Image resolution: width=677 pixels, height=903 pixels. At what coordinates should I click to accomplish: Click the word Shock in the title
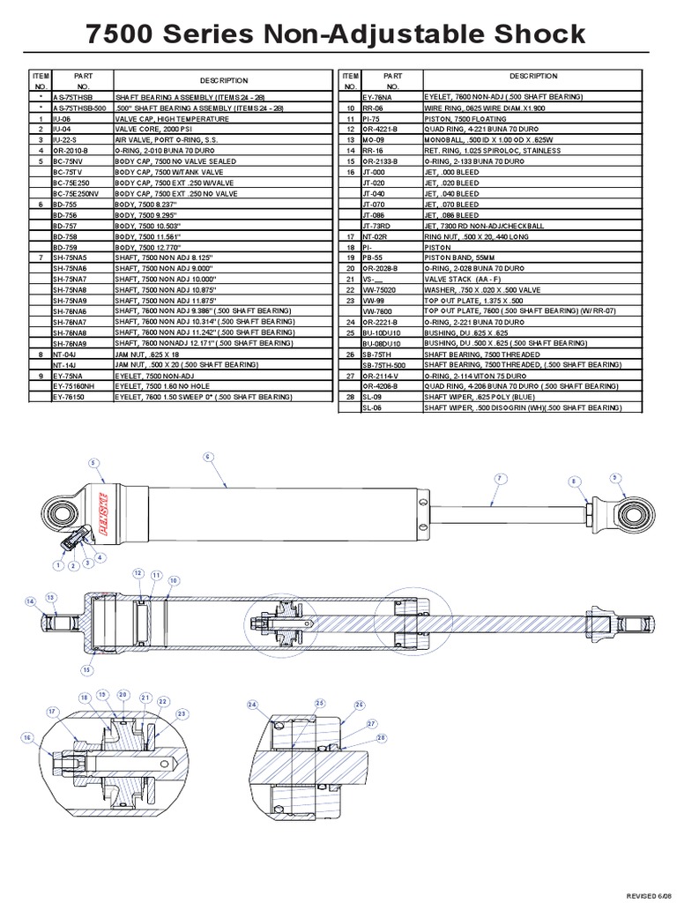(x=528, y=34)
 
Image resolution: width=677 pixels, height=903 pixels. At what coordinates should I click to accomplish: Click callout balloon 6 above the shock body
(x=209, y=457)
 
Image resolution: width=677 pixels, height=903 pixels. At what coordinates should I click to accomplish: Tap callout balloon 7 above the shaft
(x=498, y=478)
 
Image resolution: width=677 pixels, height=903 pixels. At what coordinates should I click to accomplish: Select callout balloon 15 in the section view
(x=86, y=669)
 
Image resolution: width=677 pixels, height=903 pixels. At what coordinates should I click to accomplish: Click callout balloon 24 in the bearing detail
(x=252, y=705)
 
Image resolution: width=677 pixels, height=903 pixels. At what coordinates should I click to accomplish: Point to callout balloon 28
(x=381, y=738)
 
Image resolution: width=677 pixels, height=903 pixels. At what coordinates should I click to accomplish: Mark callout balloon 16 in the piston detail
(x=27, y=737)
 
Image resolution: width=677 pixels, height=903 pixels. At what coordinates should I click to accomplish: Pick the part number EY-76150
(x=68, y=398)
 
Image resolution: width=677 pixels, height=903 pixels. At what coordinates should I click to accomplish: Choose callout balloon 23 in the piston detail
(x=182, y=714)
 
